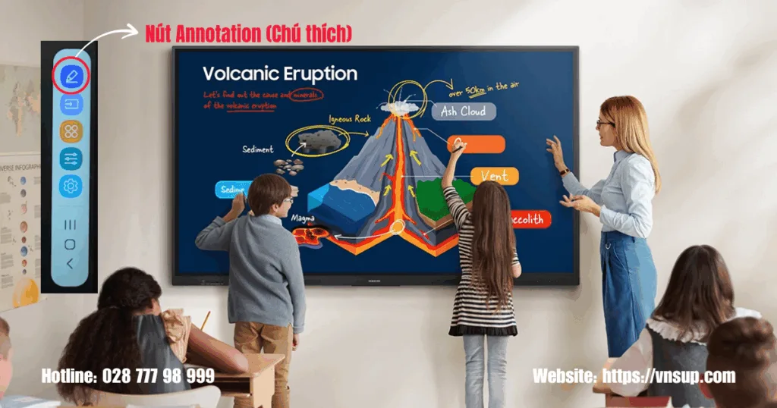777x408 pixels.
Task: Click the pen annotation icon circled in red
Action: tap(71, 76)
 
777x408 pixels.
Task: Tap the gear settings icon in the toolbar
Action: tap(71, 186)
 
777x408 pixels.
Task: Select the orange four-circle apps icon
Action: tap(71, 131)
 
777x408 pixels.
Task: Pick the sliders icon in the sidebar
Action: tap(71, 158)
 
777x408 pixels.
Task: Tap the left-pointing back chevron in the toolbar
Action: tap(70, 264)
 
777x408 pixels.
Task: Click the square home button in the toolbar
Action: tap(70, 244)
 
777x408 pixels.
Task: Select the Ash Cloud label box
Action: tap(464, 111)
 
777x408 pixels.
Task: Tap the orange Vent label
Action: tap(494, 176)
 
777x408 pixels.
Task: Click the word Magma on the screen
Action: tap(303, 219)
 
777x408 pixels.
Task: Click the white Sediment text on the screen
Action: tap(258, 149)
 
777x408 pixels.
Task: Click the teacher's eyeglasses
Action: tap(604, 123)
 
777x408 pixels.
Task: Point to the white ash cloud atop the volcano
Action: tap(400, 107)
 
